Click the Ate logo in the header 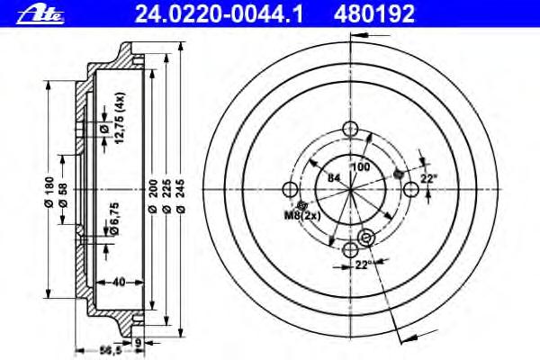click(40, 15)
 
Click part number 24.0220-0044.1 click(219, 14)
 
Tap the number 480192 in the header click(374, 14)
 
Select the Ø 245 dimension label click(181, 195)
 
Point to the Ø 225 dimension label click(166, 195)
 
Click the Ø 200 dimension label click(153, 195)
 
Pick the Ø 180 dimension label click(49, 192)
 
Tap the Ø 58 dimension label click(63, 195)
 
